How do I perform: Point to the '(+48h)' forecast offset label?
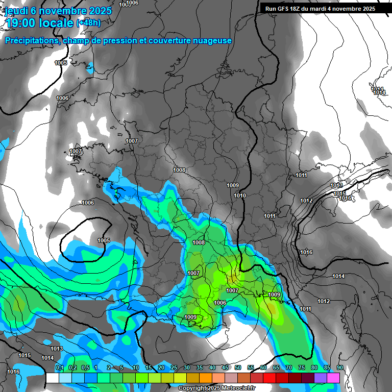pyautogui.click(x=88, y=22)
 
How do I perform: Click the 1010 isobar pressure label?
pyautogui.click(x=240, y=195)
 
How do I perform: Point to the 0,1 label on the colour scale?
pyautogui.click(x=59, y=368)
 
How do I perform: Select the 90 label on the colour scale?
pyautogui.click(x=340, y=368)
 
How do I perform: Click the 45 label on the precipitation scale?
pyautogui.click(x=225, y=368)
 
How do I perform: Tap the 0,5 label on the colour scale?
pyautogui.click(x=85, y=368)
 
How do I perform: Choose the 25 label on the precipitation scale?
pyautogui.click(x=174, y=368)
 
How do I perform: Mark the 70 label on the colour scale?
pyautogui.click(x=289, y=368)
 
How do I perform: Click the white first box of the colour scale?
pyautogui.click(x=52, y=378)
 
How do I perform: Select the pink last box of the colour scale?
pyautogui.click(x=333, y=378)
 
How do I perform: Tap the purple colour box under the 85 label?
pyautogui.click(x=321, y=378)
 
